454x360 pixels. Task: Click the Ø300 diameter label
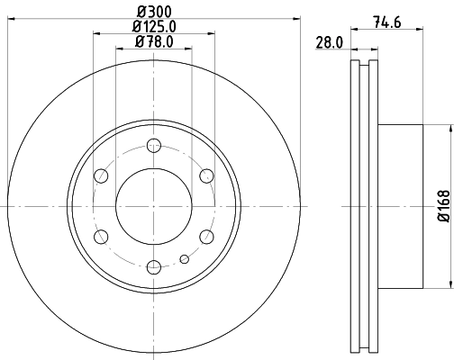coord(153,12)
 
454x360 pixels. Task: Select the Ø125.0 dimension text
coord(153,27)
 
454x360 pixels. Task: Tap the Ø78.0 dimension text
coord(153,42)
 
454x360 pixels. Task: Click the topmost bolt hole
coord(153,146)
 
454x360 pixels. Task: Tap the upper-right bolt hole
coord(205,175)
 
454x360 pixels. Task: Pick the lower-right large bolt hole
coord(205,236)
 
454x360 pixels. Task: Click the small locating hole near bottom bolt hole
coord(184,260)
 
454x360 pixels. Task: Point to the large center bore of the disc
coord(153,206)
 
